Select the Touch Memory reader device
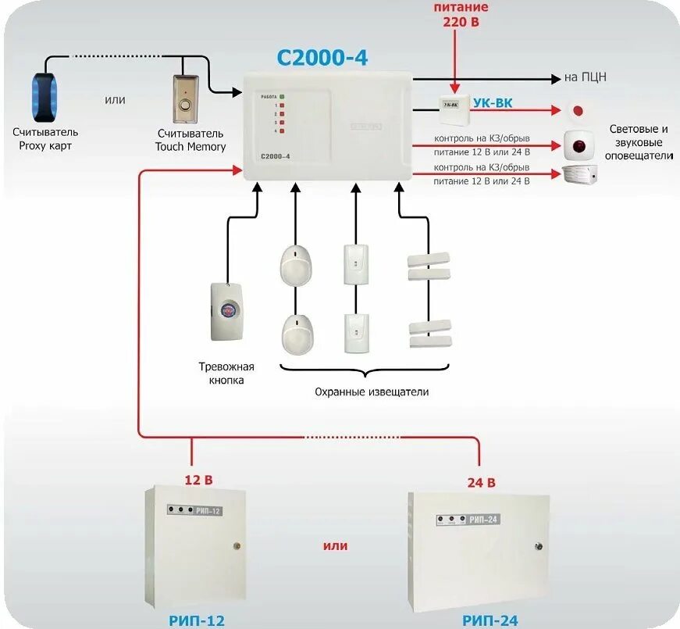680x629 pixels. click(x=187, y=100)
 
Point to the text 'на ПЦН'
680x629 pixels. click(x=585, y=77)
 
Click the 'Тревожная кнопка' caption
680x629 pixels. click(x=226, y=373)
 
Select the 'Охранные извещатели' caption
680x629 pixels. click(x=372, y=391)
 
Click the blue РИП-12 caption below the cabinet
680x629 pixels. click(x=197, y=620)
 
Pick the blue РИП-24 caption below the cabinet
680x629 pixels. click(x=490, y=620)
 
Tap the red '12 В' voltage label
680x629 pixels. click(x=198, y=479)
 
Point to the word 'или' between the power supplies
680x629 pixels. click(x=336, y=545)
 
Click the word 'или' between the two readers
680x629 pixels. click(x=115, y=100)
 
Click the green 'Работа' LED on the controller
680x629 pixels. click(x=282, y=96)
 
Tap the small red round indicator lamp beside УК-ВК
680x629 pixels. click(x=578, y=111)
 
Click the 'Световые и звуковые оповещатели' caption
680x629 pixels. click(x=639, y=142)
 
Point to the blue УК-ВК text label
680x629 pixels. click(x=493, y=102)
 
